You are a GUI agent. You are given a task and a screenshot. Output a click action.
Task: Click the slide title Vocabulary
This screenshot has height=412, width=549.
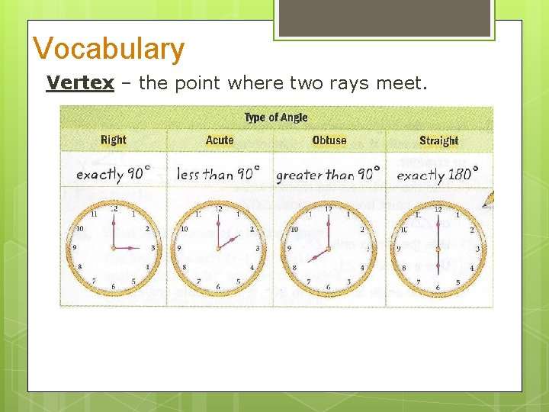[108, 49]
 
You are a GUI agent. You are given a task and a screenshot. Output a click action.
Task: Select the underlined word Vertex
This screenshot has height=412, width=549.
[80, 82]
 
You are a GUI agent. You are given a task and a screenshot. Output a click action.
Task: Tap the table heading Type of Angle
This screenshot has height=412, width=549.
[276, 117]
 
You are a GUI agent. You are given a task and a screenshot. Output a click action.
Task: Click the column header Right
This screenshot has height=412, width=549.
[114, 140]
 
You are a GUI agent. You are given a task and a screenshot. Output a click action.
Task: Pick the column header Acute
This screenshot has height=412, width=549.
[220, 140]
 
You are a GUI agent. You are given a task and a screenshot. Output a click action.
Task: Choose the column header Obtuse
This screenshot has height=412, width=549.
[329, 140]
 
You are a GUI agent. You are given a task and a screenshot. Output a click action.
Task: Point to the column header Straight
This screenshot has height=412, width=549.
[438, 140]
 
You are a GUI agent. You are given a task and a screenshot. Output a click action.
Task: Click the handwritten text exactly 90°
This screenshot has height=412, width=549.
[113, 173]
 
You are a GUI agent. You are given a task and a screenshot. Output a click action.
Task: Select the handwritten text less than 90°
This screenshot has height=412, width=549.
[218, 173]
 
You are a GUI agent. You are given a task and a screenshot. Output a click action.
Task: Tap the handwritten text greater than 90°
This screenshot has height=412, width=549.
[328, 174]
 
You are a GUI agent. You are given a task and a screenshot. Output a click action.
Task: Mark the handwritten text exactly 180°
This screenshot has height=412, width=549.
[438, 173]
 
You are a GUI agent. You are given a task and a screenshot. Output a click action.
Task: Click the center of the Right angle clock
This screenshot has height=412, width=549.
[114, 247]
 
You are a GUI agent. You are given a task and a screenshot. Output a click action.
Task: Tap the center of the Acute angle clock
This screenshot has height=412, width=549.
[219, 248]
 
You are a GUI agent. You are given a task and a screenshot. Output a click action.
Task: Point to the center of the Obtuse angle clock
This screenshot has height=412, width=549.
[328, 248]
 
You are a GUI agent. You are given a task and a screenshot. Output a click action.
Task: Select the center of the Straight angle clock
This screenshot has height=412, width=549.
[438, 248]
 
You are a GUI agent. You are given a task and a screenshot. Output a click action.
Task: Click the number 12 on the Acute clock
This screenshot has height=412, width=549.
[219, 209]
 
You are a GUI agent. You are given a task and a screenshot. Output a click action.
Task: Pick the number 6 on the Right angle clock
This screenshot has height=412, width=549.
[114, 287]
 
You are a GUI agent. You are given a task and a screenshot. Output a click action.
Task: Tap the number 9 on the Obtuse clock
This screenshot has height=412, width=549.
[288, 248]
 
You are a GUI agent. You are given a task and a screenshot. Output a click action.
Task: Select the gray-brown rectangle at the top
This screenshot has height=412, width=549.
[384, 18]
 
